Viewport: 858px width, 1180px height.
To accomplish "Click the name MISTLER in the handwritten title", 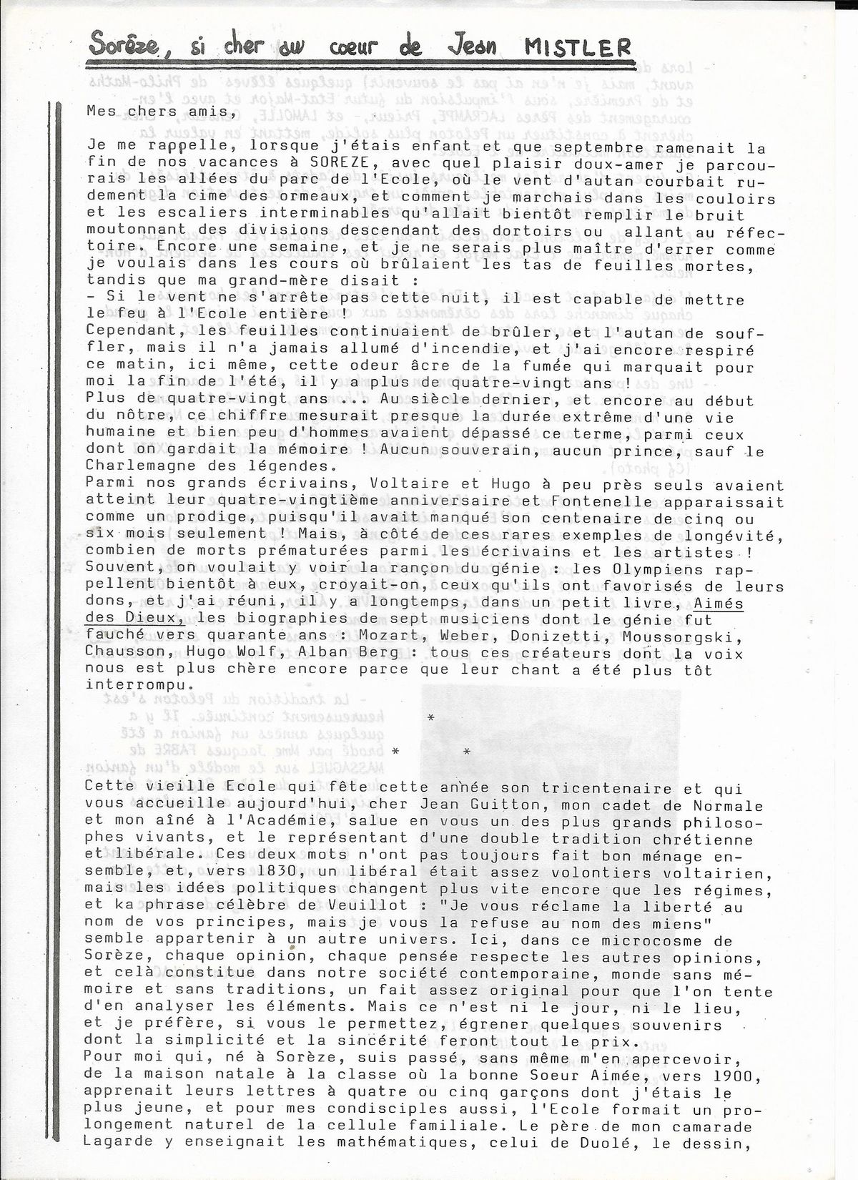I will pyautogui.click(x=578, y=48).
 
